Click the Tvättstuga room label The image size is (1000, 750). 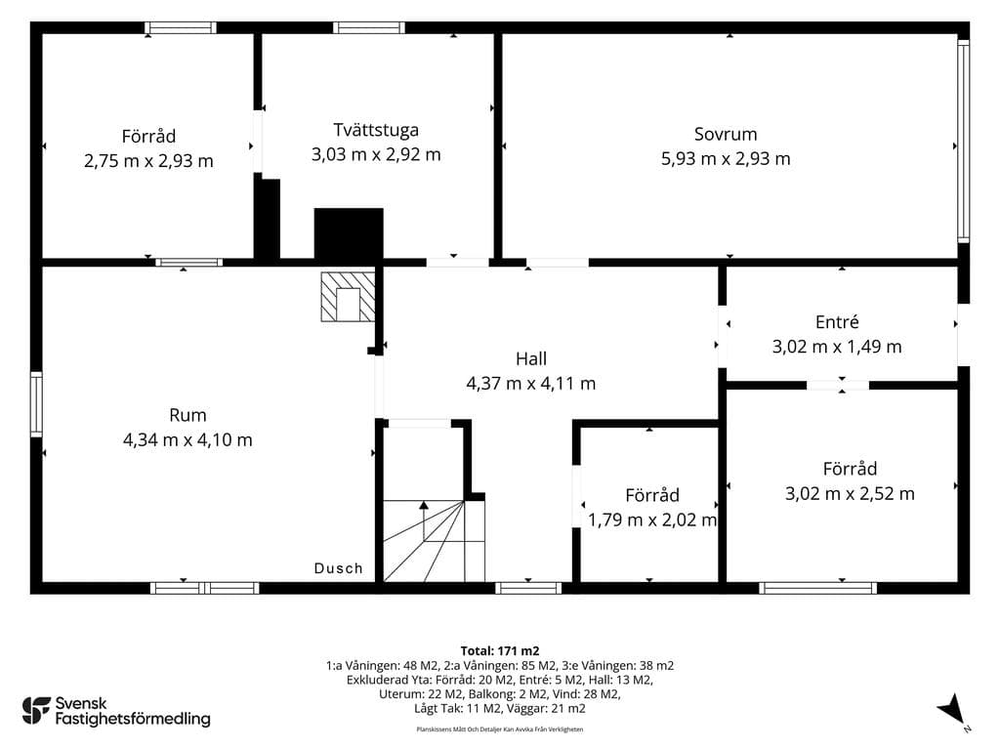tap(376, 130)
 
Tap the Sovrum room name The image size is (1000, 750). tap(726, 134)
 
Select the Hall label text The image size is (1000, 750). tap(531, 358)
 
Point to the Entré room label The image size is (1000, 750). tap(837, 322)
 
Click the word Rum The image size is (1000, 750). tap(187, 415)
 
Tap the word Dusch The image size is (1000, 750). tap(339, 568)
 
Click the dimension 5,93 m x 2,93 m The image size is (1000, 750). tap(726, 159)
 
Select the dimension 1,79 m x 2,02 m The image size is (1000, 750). tap(651, 520)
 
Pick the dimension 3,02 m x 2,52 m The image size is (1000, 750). tap(850, 493)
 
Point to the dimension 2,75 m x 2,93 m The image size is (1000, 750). tap(148, 161)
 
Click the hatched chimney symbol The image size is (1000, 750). tap(348, 297)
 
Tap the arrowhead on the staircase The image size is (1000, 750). tap(424, 505)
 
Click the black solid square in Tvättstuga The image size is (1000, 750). tap(349, 233)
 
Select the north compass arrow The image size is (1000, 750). tap(952, 709)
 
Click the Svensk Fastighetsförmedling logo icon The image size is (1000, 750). tap(36, 711)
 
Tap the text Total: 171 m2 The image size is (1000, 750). tap(500, 651)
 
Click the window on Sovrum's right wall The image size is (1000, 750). tap(964, 141)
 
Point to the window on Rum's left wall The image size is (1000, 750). tap(36, 405)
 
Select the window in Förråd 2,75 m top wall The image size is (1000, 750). tap(181, 28)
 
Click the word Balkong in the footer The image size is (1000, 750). tap(490, 694)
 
